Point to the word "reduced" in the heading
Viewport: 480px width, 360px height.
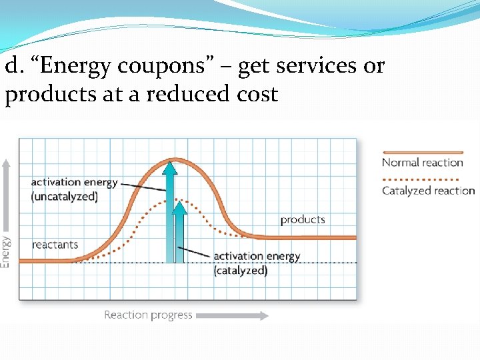click(x=185, y=94)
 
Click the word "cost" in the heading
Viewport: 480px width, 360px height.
click(x=253, y=95)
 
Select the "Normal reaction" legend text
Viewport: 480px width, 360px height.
click(x=422, y=163)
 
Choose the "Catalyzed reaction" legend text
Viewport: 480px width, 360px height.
click(x=428, y=191)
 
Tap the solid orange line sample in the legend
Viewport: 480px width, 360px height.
click(x=422, y=153)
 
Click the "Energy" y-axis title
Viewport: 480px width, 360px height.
click(x=6, y=251)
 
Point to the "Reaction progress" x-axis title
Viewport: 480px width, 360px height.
click(x=148, y=315)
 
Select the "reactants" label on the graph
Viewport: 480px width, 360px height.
click(x=55, y=245)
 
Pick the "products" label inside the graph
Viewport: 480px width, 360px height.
click(x=302, y=219)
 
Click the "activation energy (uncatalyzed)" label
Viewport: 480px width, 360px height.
click(x=74, y=189)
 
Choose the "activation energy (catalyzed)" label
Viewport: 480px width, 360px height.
click(x=257, y=263)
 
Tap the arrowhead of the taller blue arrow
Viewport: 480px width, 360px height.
click(x=171, y=166)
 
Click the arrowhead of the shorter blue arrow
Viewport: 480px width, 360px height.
click(x=179, y=207)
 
